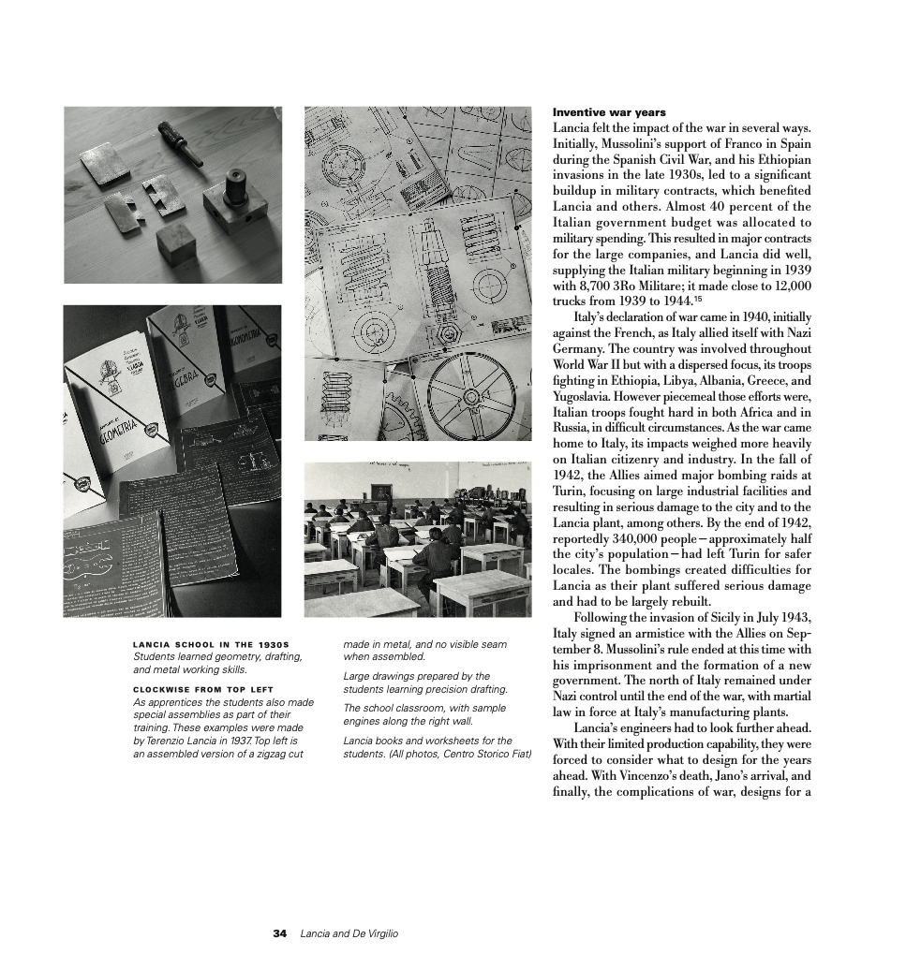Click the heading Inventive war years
pos(609,112)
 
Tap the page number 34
pos(279,933)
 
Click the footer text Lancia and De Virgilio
pos(349,933)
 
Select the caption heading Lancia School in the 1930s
pos(211,644)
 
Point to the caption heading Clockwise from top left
pos(203,690)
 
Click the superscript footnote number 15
pos(698,299)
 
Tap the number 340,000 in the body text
pos(635,539)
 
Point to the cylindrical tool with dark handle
pos(182,142)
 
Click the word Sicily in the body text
pos(725,618)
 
